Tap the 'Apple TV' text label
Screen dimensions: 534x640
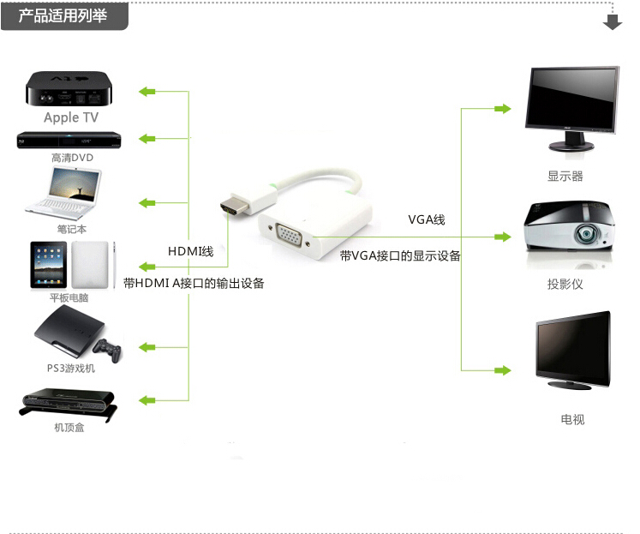pos(71,118)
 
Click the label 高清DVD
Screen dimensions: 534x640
pos(72,158)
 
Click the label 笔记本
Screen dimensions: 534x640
pos(72,229)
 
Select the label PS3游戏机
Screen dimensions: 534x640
pos(71,369)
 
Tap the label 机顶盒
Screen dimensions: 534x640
pos(69,427)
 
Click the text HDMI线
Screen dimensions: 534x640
pos(190,251)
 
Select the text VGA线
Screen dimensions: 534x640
pos(427,220)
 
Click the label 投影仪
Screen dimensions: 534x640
pos(565,284)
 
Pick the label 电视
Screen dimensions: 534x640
pos(572,420)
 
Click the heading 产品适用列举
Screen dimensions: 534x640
pos(63,15)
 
